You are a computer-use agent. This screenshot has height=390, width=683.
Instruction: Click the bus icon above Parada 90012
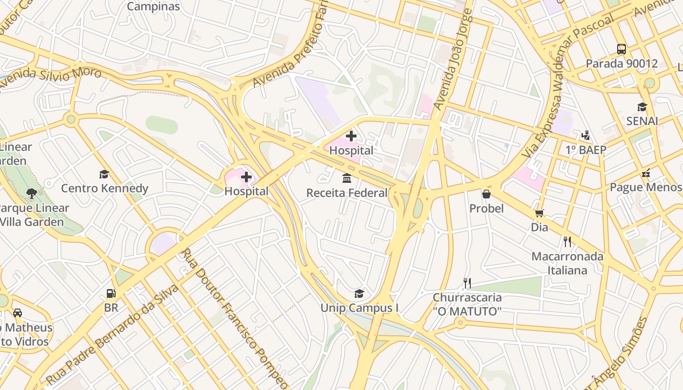coord(622,49)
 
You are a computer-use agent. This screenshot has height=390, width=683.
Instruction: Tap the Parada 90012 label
coord(622,63)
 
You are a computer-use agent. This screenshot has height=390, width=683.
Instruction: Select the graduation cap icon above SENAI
coord(642,107)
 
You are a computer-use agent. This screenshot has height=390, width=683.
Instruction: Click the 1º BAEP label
coord(585,150)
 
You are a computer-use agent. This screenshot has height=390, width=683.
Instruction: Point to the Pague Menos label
coord(645,187)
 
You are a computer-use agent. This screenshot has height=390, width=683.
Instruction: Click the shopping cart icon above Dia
coord(539,213)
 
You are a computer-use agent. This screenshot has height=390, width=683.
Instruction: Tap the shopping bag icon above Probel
coord(486,194)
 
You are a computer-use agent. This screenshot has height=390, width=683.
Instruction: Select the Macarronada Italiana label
coord(567,263)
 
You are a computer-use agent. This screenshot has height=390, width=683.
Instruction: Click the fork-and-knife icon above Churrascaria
coord(467,283)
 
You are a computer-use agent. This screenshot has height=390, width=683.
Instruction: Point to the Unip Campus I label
coord(360,308)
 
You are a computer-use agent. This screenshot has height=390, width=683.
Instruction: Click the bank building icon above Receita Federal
coord(347,178)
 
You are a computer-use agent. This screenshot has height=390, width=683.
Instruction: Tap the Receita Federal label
coord(347,193)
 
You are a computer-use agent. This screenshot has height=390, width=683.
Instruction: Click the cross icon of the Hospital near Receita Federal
coord(351,136)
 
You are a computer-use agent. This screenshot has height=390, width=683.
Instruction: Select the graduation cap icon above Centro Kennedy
coord(104,174)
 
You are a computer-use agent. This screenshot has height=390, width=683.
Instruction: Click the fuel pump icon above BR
coord(111,293)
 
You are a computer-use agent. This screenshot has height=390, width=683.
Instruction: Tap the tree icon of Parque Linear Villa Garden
coord(32,194)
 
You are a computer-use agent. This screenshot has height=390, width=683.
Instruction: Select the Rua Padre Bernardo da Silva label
coord(112,334)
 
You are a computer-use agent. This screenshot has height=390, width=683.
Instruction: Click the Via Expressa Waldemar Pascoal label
coord(568,85)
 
